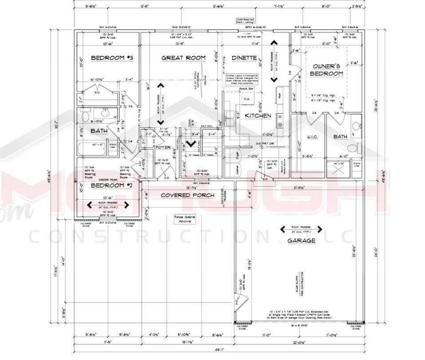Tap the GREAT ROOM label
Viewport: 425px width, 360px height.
click(183, 58)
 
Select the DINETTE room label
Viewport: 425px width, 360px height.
click(244, 58)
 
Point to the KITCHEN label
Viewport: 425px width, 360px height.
click(258, 115)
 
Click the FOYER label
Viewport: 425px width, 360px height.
click(163, 147)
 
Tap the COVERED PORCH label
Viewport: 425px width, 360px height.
click(188, 195)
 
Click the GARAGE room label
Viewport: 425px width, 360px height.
click(301, 241)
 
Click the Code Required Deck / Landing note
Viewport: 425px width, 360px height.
click(245, 21)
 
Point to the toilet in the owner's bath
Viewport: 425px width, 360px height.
click(353, 147)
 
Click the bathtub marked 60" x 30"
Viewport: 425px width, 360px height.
click(92, 150)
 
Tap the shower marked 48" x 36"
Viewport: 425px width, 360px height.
click(342, 169)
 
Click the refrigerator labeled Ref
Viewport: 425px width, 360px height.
click(279, 95)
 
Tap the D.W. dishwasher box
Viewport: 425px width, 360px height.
click(245, 99)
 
